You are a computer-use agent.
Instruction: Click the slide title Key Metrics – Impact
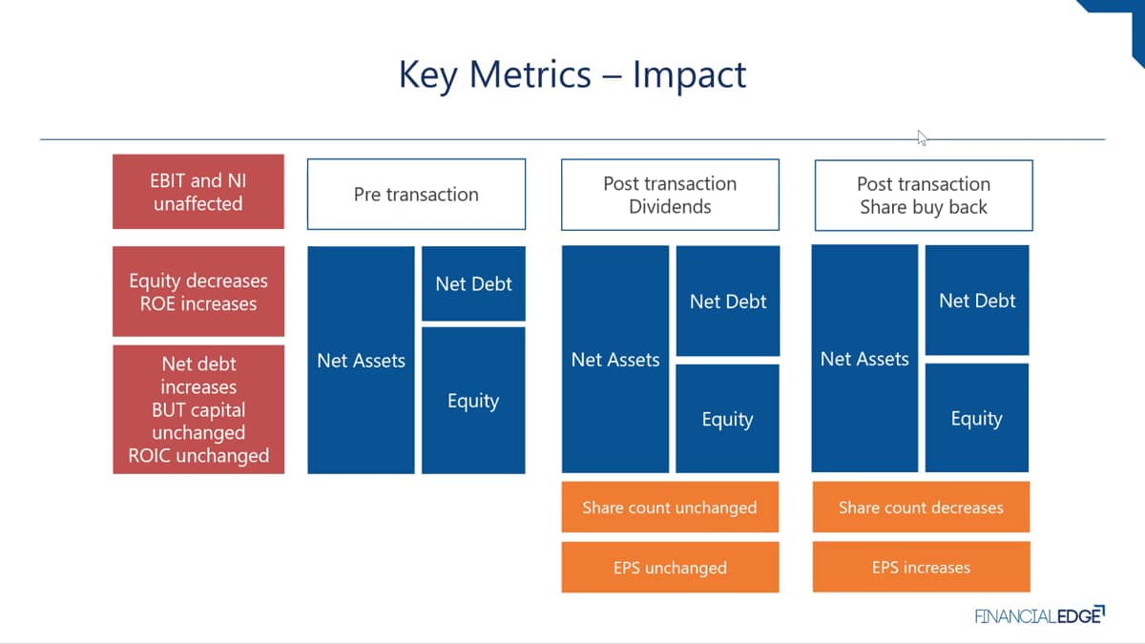(x=572, y=74)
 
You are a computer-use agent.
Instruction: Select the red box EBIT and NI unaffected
(x=198, y=192)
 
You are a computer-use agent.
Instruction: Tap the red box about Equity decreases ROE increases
(x=198, y=291)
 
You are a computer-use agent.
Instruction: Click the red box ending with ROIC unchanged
(x=198, y=409)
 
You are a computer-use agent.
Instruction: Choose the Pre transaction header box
(x=416, y=195)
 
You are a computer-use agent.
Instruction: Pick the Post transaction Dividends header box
(x=670, y=195)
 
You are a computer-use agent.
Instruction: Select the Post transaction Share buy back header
(x=924, y=196)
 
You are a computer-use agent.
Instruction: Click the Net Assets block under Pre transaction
(x=361, y=361)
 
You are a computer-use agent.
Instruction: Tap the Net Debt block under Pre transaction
(x=473, y=283)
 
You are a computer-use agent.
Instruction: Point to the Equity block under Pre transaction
(x=473, y=401)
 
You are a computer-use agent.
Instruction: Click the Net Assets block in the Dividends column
(x=615, y=360)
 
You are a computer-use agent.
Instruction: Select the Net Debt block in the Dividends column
(x=728, y=301)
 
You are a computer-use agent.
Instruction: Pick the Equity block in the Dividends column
(x=727, y=419)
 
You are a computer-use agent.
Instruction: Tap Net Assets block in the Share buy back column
(x=864, y=359)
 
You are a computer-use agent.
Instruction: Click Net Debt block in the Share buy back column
(x=977, y=300)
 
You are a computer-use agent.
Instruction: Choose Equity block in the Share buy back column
(x=977, y=418)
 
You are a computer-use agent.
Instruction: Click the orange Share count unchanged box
(x=670, y=507)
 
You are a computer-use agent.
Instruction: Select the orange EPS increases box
(x=921, y=567)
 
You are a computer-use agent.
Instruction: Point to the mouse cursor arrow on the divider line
(x=922, y=138)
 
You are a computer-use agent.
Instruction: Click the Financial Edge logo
(x=1040, y=614)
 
